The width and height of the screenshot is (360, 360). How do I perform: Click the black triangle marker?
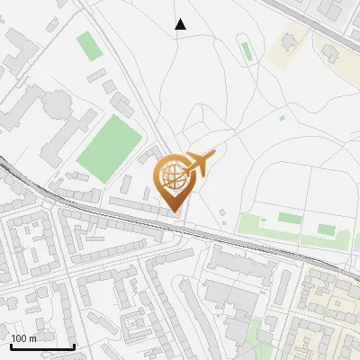pyautogui.click(x=181, y=24)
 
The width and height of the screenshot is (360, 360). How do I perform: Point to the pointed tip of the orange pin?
pyautogui.click(x=174, y=212)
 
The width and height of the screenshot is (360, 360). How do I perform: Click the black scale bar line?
pyautogui.click(x=42, y=346)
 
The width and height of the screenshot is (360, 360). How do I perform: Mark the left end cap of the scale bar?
pyautogui.click(x=11, y=345)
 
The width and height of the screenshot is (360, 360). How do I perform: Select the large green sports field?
pyautogui.click(x=109, y=147)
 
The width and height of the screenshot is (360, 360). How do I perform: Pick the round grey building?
pyautogui.click(x=58, y=104)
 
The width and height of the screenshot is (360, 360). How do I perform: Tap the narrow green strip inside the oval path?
pyautogui.click(x=289, y=218)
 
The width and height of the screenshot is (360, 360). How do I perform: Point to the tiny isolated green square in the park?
pyautogui.click(x=282, y=118)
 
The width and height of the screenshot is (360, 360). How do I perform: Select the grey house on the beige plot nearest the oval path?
pyautogui.click(x=290, y=42)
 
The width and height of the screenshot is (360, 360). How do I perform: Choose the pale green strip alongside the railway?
pyautogui.click(x=288, y=233)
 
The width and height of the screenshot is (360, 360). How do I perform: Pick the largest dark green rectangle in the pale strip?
pyautogui.click(x=326, y=229)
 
